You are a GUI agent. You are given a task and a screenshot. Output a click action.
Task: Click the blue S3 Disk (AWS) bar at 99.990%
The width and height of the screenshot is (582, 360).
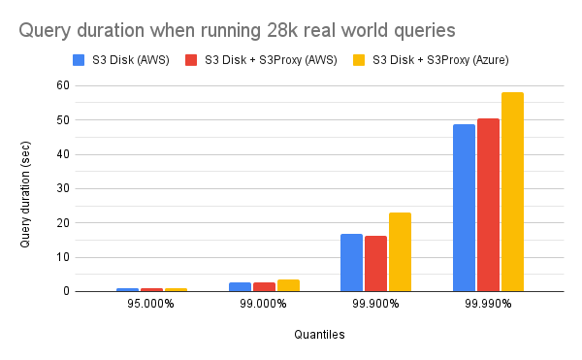464,208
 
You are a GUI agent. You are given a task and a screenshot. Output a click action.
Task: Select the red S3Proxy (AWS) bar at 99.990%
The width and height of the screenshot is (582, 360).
488,205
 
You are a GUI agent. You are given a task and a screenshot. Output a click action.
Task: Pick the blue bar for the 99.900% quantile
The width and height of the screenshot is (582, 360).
351,263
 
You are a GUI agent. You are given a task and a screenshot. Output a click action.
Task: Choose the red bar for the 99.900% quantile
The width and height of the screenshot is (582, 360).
375,264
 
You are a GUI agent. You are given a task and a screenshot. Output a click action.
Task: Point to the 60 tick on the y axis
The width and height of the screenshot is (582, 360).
63,85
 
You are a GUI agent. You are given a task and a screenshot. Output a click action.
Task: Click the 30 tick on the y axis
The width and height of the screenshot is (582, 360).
63,188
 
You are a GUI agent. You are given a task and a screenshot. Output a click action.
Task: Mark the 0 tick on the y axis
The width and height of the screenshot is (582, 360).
66,291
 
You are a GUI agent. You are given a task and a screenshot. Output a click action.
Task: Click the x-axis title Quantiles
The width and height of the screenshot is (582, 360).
319,335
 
